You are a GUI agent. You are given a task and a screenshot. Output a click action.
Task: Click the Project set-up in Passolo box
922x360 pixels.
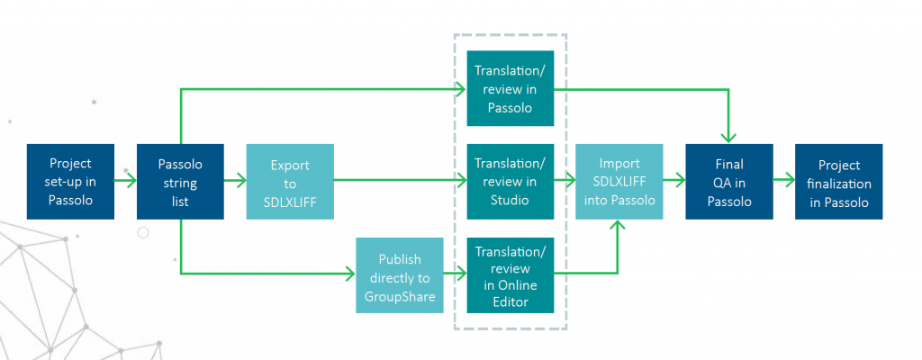pos(71,181)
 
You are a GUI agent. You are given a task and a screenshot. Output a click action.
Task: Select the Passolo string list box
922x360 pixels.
pos(180,181)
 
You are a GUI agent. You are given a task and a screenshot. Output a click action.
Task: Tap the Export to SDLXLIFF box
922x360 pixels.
pos(290,181)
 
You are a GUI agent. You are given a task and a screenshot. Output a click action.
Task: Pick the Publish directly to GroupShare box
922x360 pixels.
pos(400,274)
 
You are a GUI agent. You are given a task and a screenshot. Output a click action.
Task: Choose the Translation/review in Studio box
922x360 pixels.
pos(510,181)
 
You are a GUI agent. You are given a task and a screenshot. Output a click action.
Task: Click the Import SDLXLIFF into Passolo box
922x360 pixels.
pos(619,181)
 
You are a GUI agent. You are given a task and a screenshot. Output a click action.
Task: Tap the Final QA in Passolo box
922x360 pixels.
pos(729,181)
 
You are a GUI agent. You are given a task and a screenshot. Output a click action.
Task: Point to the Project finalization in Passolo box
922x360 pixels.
pos(838,181)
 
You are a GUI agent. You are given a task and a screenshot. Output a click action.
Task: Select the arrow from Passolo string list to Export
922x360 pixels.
pos(235,181)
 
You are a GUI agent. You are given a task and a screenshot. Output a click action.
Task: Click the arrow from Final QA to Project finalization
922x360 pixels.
pos(784,181)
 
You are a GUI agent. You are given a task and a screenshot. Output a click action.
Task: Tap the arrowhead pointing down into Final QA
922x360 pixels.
pos(729,137)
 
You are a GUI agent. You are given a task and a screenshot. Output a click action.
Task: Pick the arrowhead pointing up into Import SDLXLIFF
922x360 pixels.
pos(619,225)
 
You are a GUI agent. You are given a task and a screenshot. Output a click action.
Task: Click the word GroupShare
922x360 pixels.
pos(400,296)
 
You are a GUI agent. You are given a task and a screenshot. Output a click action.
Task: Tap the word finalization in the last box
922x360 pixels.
pos(838,184)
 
